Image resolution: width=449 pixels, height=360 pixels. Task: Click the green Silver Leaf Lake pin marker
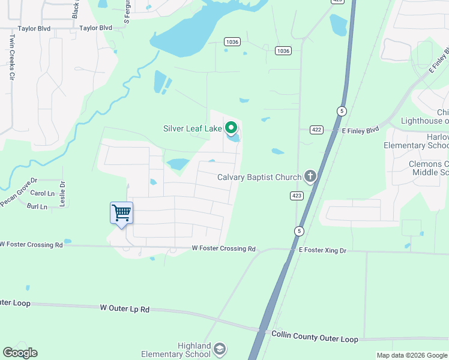231,128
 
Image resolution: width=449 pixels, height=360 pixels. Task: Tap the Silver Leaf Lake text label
192,128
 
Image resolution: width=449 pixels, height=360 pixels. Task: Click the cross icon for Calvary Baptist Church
310,176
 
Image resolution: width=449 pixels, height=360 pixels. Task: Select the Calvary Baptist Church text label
259,177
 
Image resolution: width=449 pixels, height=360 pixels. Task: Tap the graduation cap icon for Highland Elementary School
220,349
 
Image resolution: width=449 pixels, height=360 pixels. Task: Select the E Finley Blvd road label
361,130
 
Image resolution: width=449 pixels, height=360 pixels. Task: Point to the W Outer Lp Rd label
124,308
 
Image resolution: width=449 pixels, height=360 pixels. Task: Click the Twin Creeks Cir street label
11,57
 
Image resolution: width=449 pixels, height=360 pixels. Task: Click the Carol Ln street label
42,193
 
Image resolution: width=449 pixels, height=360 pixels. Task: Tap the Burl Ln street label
37,206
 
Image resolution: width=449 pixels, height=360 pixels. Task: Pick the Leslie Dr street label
62,194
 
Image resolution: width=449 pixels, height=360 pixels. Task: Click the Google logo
20,353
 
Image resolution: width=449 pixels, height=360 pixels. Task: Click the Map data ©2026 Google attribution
411,355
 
